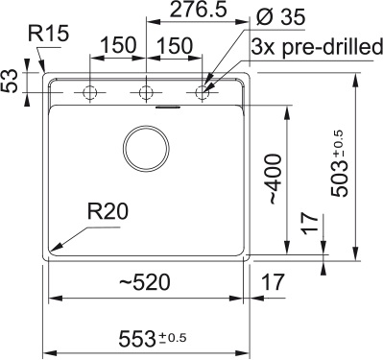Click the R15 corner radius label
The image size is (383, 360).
48,33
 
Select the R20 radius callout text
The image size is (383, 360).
108,211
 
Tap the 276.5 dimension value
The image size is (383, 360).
198,10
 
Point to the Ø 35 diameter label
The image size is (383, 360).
280,17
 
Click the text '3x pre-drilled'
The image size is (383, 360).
317,47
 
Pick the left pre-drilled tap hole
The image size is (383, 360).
89,93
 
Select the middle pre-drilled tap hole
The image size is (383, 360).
146,93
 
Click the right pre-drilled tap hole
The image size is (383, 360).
202,93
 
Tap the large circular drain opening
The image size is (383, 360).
147,149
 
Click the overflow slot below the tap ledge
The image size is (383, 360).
168,107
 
